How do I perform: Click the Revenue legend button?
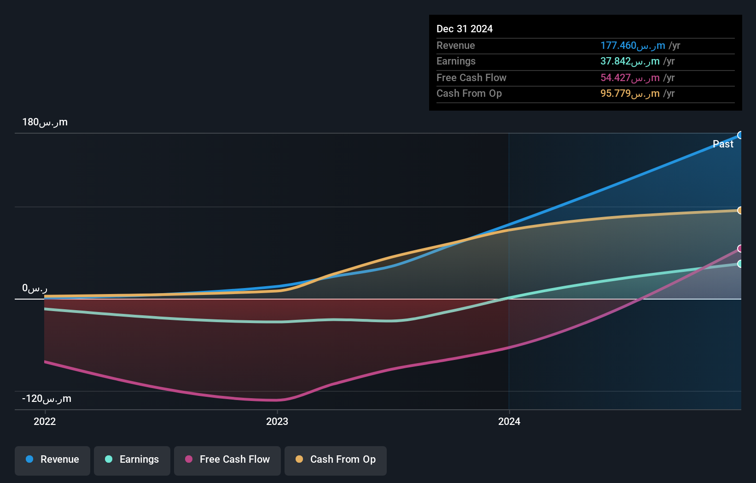pos(52,460)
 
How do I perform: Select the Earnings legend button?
pos(132,460)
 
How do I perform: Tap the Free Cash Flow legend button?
pos(227,460)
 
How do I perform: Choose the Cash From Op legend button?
pos(336,460)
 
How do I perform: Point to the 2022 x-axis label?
pos(45,421)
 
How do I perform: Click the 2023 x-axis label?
pos(277,421)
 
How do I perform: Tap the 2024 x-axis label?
pos(509,421)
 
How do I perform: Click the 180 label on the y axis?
pos(45,122)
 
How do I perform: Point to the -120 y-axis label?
pos(47,399)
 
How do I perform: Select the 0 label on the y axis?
pos(35,289)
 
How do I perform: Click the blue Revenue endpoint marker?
pos(740,135)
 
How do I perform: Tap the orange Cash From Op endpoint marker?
pos(740,211)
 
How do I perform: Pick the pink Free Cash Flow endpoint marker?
pos(740,249)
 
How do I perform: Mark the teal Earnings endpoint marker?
pos(740,264)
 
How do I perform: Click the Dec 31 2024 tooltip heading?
pos(464,29)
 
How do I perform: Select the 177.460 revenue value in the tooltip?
pos(632,46)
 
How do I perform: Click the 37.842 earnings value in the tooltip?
pos(629,61)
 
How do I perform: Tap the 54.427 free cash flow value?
pos(629,78)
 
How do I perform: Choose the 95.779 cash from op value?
pos(629,94)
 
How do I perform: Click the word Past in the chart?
pos(722,144)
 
